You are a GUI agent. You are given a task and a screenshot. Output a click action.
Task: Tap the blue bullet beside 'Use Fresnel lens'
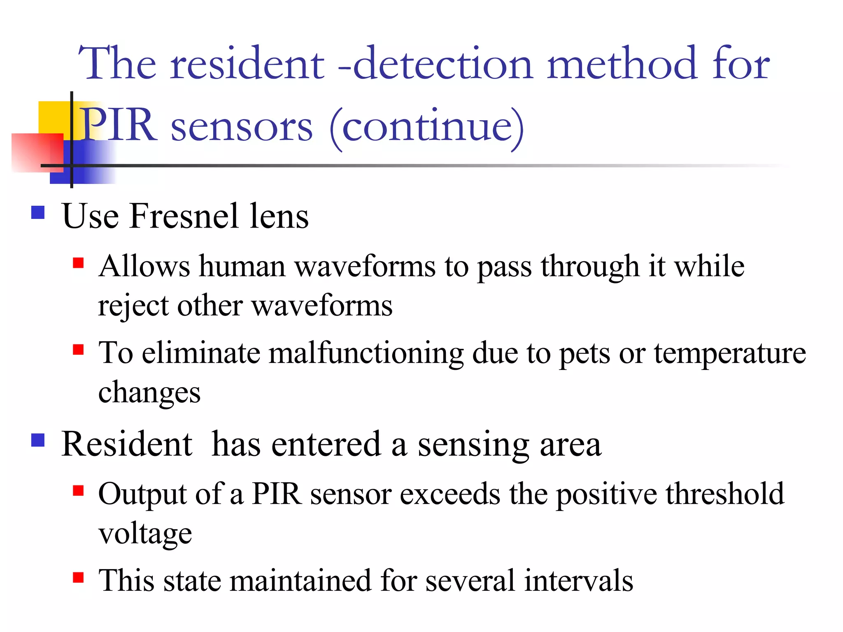click(x=38, y=212)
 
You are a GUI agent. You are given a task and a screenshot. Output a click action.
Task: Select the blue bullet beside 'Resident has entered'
click(x=38, y=440)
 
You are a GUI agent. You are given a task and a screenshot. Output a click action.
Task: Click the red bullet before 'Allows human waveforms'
click(x=78, y=263)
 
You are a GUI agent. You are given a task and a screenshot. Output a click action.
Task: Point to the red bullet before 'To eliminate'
click(x=78, y=349)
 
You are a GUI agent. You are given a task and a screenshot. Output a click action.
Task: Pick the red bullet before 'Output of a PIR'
click(x=78, y=490)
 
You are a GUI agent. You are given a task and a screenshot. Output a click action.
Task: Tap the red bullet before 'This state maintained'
click(x=78, y=577)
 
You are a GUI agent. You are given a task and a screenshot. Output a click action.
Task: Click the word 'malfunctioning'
click(x=366, y=353)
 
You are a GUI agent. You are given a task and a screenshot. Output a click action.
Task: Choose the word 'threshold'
click(x=724, y=494)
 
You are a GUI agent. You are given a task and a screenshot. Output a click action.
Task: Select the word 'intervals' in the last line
click(x=578, y=581)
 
